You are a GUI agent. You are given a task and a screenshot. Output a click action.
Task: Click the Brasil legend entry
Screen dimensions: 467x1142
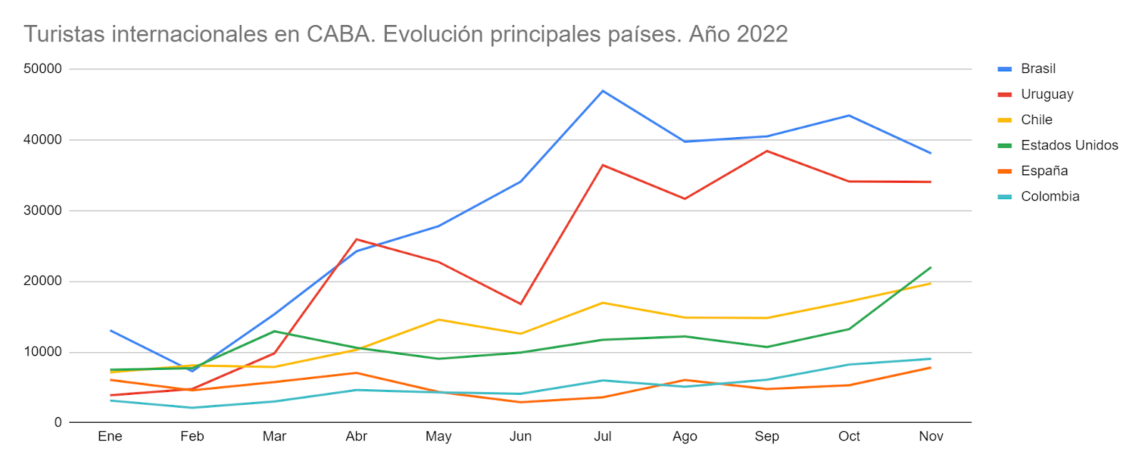pyautogui.click(x=1038, y=69)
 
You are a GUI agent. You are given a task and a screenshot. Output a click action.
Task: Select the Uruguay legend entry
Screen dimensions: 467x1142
pyautogui.click(x=1046, y=94)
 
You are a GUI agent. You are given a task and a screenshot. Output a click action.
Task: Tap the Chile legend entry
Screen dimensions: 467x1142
pyautogui.click(x=1036, y=120)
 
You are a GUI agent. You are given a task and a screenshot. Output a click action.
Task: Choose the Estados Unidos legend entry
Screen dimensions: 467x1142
pyautogui.click(x=1069, y=146)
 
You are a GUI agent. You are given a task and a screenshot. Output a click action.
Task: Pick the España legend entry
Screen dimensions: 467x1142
pyautogui.click(x=1044, y=171)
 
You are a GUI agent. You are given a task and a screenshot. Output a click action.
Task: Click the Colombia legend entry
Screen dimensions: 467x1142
pyautogui.click(x=1050, y=196)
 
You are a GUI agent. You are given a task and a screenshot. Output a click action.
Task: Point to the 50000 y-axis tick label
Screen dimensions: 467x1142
pyautogui.click(x=43, y=69)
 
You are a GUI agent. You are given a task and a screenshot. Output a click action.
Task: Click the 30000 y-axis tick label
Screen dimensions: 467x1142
pyautogui.click(x=43, y=211)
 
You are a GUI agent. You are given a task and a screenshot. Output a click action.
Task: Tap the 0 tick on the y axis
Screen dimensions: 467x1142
pyautogui.click(x=58, y=423)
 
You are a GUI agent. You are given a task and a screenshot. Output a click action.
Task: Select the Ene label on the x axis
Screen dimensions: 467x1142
pyautogui.click(x=110, y=436)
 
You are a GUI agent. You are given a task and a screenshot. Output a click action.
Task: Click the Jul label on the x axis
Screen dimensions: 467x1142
pyautogui.click(x=602, y=436)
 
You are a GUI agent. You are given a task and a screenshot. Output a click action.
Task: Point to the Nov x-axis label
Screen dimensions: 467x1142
pyautogui.click(x=931, y=436)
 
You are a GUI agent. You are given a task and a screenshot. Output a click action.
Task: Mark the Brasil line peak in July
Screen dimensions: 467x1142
pyautogui.click(x=602, y=91)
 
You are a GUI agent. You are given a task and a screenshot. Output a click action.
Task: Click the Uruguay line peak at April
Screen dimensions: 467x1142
pyautogui.click(x=356, y=239)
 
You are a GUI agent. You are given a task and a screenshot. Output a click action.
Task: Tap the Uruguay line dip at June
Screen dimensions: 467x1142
pyautogui.click(x=520, y=303)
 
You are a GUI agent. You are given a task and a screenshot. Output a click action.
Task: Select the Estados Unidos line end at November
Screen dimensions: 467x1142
pyautogui.click(x=931, y=267)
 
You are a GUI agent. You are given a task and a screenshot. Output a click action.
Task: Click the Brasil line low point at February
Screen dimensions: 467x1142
pyautogui.click(x=192, y=371)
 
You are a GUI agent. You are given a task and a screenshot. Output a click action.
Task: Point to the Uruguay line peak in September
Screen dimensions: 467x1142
pyautogui.click(x=767, y=151)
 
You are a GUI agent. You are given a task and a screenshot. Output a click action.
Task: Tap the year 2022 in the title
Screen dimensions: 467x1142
pyautogui.click(x=762, y=34)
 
